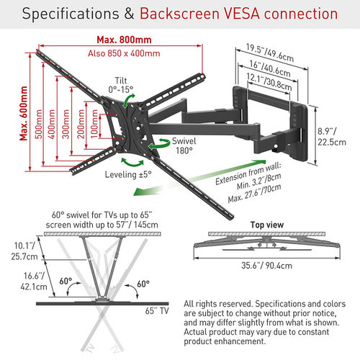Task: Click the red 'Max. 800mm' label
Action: pos(124,40)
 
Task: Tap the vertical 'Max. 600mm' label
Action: pos(24,113)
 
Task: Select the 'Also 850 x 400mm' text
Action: pos(124,53)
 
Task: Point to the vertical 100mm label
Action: pos(94,124)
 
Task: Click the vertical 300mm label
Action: pos(66,124)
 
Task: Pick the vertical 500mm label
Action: pos(38,124)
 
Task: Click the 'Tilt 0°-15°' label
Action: pos(121,85)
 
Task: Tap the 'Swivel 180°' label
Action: pos(184,145)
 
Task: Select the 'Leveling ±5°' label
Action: pos(128,174)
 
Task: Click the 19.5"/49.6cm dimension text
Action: pos(270,53)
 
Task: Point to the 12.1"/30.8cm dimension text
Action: pos(269,82)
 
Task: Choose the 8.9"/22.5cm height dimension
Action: pos(332,137)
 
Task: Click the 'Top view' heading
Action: pos(267,225)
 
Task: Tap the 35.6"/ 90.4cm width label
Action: pos(266,266)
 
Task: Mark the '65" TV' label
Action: pos(157,311)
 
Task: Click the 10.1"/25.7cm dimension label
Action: pos(24,251)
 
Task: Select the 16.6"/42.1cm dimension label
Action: pos(34,282)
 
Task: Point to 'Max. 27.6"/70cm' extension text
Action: pos(254,194)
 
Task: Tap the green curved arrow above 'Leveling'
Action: pos(132,162)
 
